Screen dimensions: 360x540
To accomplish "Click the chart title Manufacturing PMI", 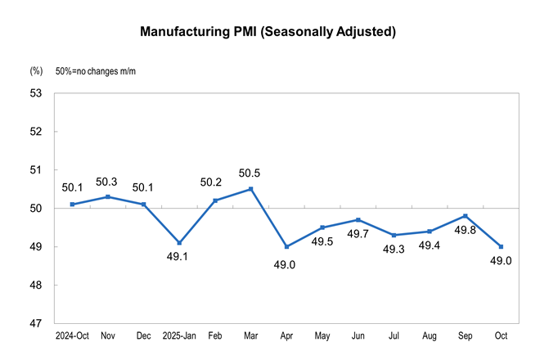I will point(268,32).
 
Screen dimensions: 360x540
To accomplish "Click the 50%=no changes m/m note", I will point(95,72).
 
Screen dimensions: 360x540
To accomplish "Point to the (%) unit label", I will point(36,72).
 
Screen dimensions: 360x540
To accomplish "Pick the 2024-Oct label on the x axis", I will point(73,336).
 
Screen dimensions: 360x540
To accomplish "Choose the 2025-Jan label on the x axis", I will point(179,336).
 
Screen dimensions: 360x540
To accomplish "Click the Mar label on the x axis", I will point(250,336).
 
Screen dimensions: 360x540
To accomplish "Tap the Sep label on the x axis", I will point(465,336).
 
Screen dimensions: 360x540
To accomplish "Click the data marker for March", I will point(250,189).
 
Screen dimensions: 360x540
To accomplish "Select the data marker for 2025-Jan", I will point(179,243).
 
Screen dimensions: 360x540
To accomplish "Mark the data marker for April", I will point(286,246).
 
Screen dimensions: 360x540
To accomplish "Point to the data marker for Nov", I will point(109,196).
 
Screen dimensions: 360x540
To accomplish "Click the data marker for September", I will point(465,216).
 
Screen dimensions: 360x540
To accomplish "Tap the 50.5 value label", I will point(250,173).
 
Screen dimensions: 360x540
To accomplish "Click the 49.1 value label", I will point(179,259).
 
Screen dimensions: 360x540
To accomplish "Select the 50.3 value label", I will point(109,181).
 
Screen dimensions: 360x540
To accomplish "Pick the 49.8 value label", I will point(465,232).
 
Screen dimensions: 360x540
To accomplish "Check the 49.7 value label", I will point(358,236).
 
